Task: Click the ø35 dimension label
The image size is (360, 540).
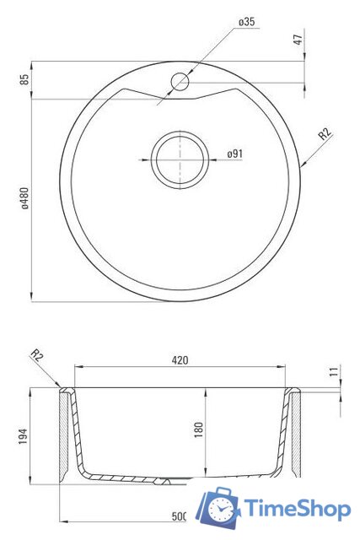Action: pos(246,22)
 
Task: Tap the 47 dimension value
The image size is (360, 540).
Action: pos(298,40)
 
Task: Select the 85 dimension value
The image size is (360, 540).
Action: pos(24,80)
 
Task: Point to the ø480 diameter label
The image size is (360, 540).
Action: pos(24,199)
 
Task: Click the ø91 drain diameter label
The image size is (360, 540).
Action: pos(234,154)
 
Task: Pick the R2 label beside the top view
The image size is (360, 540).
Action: pos(325,133)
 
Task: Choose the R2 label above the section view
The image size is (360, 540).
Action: pos(37,355)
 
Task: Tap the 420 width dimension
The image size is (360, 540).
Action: pos(180,360)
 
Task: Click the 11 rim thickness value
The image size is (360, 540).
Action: pos(335,371)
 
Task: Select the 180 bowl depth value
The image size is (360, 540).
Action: pos(199,429)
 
